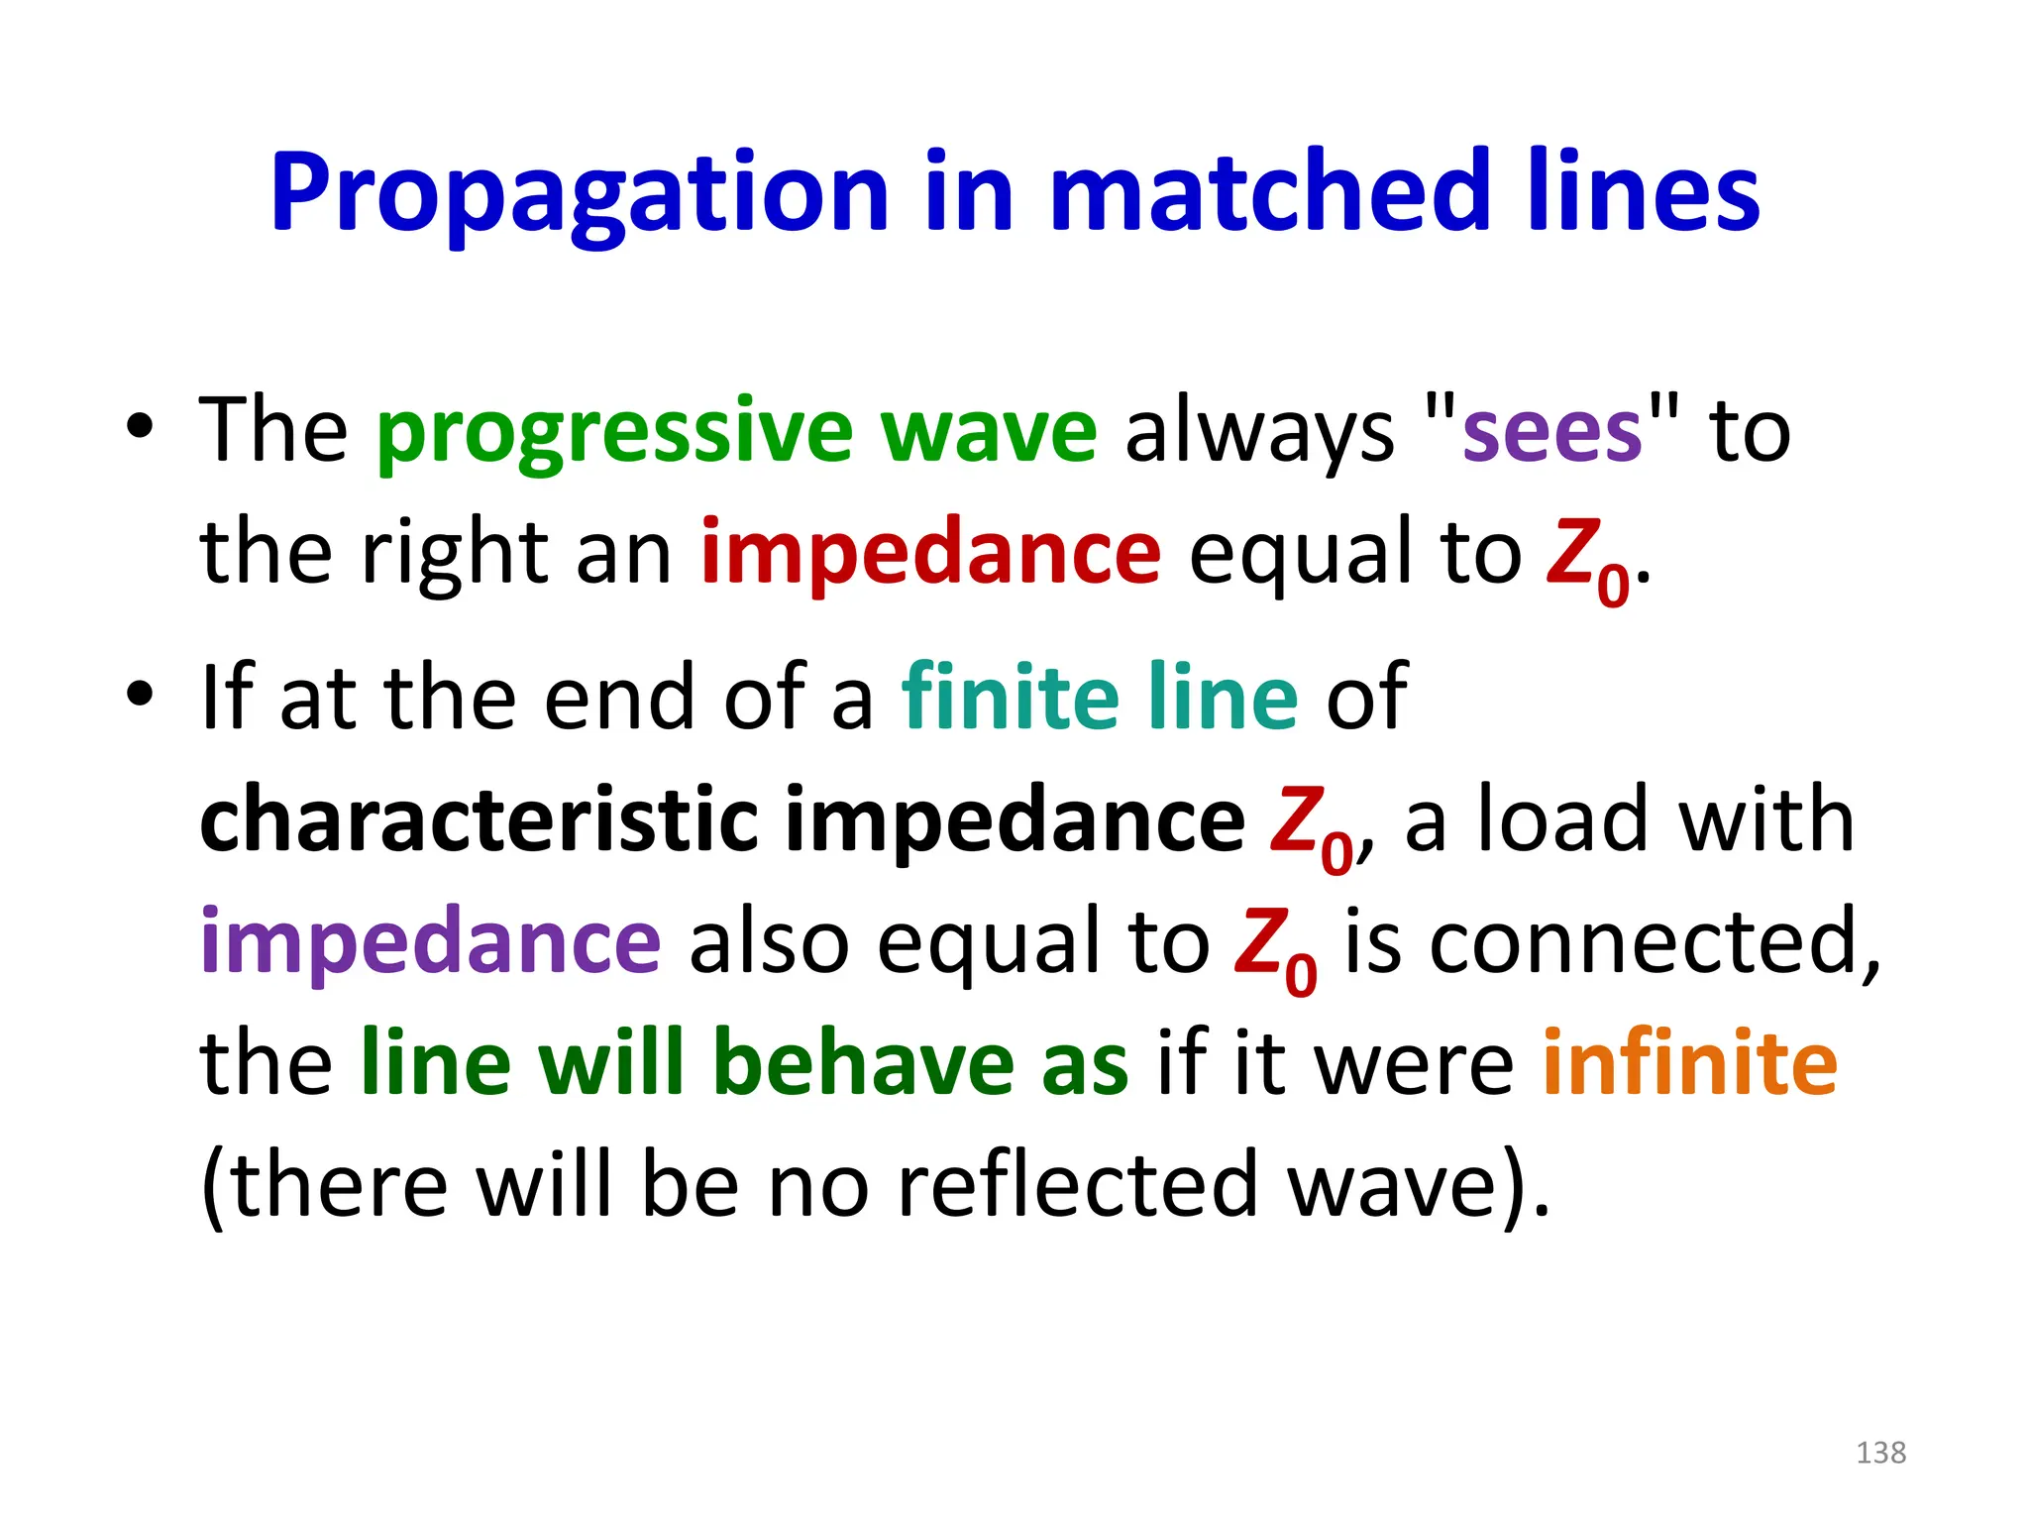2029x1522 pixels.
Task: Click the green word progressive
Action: tap(614, 433)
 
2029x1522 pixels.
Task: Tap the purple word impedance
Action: tap(430, 941)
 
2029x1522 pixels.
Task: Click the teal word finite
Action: tap(1010, 698)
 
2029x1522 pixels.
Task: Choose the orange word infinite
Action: tap(1690, 1063)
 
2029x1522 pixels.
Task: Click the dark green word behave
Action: tap(863, 1063)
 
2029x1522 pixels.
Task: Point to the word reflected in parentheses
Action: tap(1078, 1185)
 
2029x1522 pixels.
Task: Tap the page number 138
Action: tap(1880, 1453)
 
